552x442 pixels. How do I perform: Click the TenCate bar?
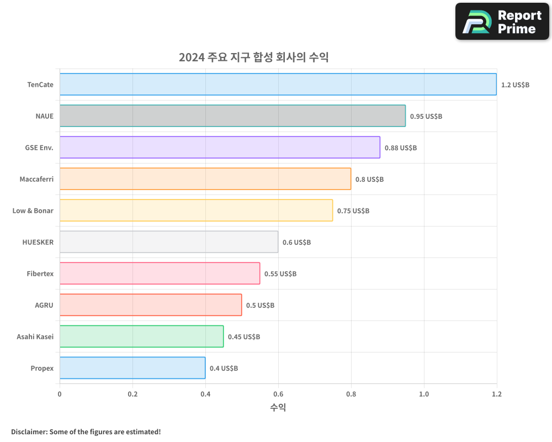tap(278, 85)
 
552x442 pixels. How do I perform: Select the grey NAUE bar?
tap(232, 116)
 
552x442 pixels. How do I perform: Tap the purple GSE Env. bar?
tap(220, 148)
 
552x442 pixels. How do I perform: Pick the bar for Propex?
tap(132, 368)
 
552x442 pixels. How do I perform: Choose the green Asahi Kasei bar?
tap(141, 336)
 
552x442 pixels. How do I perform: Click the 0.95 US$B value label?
tap(426, 117)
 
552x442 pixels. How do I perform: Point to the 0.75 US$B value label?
tap(353, 211)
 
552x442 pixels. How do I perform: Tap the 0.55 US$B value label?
tap(280, 274)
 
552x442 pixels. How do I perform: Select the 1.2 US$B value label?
tap(515, 85)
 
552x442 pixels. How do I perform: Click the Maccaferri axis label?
tap(36, 179)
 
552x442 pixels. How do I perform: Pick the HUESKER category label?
tap(38, 242)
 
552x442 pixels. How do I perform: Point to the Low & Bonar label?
tap(33, 211)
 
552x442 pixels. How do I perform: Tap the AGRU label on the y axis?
tap(44, 305)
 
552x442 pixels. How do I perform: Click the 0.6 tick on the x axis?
tap(278, 394)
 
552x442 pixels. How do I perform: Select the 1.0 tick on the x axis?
tap(424, 394)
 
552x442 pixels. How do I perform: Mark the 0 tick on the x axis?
tap(60, 394)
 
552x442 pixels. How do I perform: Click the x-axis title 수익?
tap(278, 408)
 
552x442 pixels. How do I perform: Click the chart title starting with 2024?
tap(253, 57)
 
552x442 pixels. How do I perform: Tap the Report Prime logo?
tap(502, 22)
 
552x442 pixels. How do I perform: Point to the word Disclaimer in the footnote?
tap(29, 432)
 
